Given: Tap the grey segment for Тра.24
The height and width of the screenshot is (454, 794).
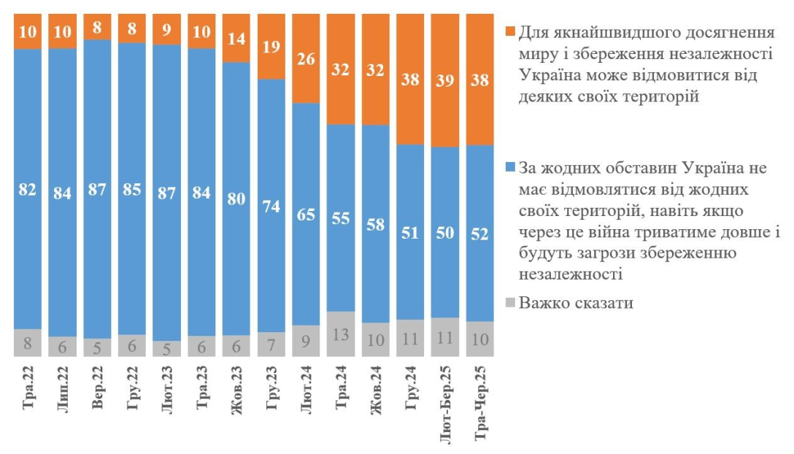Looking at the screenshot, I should tap(341, 334).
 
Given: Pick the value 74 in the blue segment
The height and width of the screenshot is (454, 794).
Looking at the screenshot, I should tap(271, 205).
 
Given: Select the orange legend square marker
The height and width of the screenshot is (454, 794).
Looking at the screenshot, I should tap(510, 33).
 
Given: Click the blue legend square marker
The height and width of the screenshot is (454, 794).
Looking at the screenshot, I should tap(510, 169).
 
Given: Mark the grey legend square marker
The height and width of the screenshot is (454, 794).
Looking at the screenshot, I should tap(510, 302).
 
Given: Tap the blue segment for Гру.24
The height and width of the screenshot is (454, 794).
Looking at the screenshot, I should tap(411, 231).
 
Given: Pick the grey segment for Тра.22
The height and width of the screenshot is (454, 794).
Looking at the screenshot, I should tap(28, 342).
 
